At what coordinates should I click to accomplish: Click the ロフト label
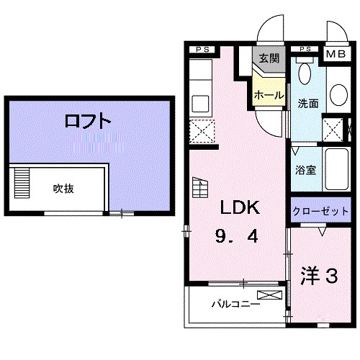coord(87,121)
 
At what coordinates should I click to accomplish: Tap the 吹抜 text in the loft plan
coord(63,189)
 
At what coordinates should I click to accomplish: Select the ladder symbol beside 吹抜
coord(22,184)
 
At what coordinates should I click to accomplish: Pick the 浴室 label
coord(305,171)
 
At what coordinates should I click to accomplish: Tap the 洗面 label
coord(308,102)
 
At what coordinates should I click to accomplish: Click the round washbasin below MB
coord(337,93)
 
